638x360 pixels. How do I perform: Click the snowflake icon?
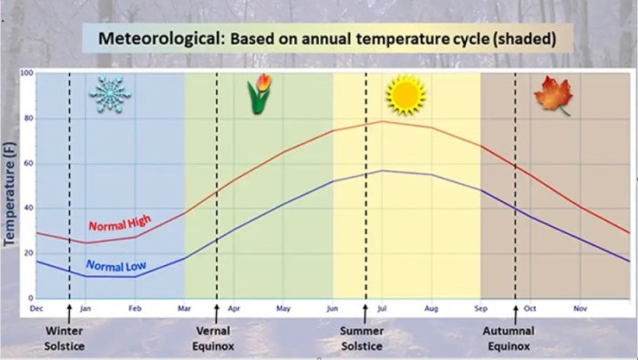pos(109,94)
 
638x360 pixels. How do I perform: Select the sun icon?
pos(405,95)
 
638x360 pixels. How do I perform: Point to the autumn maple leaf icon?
pos(552,95)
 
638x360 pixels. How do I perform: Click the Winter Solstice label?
pos(68,338)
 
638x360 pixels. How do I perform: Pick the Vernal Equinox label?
pos(217,338)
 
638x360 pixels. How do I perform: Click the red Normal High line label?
pos(119,222)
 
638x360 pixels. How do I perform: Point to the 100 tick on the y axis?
pos(27,73)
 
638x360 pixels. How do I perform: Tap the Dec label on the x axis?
pos(36,309)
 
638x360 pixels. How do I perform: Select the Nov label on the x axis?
pos(580,309)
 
